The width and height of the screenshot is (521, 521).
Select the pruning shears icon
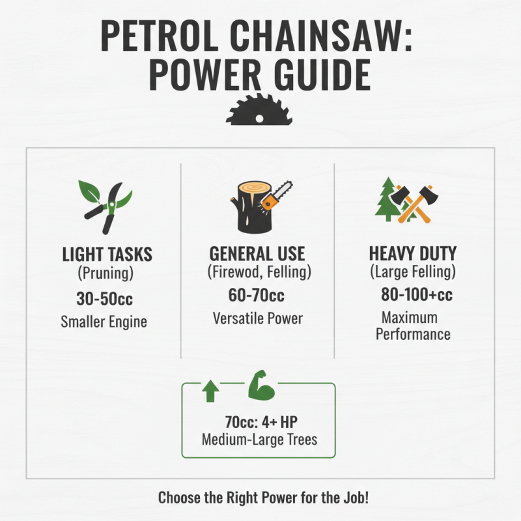[106, 205]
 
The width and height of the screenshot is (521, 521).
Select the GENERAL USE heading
[257, 253]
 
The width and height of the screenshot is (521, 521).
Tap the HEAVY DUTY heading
[412, 253]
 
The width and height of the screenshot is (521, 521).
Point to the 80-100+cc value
[417, 294]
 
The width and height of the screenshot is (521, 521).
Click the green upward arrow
[210, 391]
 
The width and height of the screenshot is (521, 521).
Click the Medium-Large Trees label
[259, 440]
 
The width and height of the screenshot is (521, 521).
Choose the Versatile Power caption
[258, 319]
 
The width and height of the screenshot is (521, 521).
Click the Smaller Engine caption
[104, 321]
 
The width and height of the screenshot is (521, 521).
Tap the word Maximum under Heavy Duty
[409, 318]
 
